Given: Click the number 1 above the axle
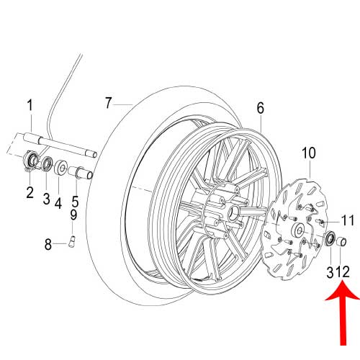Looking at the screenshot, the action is click(x=30, y=106).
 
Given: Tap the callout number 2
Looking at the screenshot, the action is click(x=30, y=192).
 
